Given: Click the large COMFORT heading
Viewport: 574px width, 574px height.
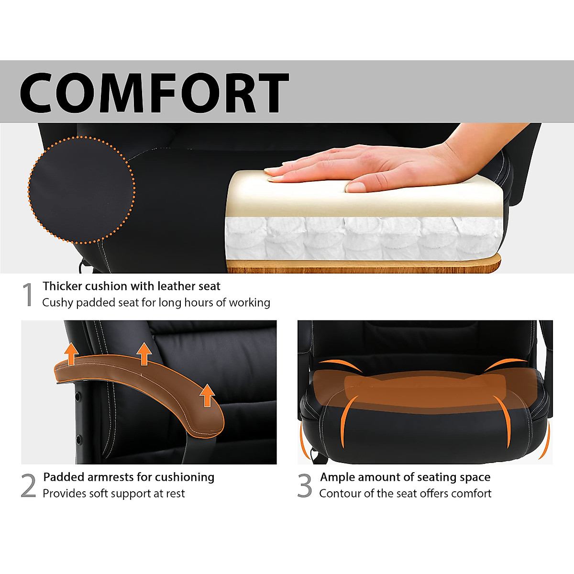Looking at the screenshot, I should [154, 92].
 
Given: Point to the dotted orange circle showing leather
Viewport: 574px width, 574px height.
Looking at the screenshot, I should [82, 190].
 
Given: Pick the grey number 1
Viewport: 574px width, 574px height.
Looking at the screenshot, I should [28, 295].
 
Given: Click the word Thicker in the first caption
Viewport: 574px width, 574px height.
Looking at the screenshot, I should [62, 287].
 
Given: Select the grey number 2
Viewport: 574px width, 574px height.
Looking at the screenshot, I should [29, 486].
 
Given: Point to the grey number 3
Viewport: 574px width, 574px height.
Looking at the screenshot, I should [305, 486].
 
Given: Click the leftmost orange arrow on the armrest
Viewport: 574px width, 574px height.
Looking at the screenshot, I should [71, 354].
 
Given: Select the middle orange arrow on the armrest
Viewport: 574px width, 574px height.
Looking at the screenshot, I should [144, 354].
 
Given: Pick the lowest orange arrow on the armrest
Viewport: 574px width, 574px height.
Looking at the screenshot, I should [207, 396].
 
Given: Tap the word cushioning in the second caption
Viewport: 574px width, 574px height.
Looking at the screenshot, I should [185, 477].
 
